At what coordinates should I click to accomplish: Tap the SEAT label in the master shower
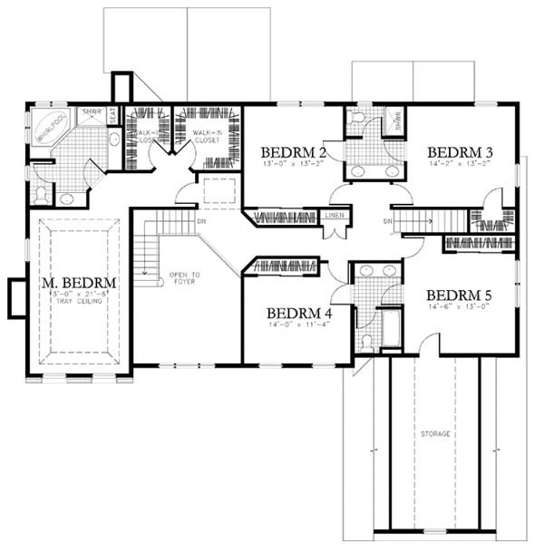coord(112,115)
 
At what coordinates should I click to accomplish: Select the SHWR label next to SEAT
coord(91,111)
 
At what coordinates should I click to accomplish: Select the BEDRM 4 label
coord(299,313)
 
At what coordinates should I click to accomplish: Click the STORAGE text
coord(435,434)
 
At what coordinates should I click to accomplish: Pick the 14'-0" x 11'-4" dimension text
coord(299,324)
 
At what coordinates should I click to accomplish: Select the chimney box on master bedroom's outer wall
coord(15,297)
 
